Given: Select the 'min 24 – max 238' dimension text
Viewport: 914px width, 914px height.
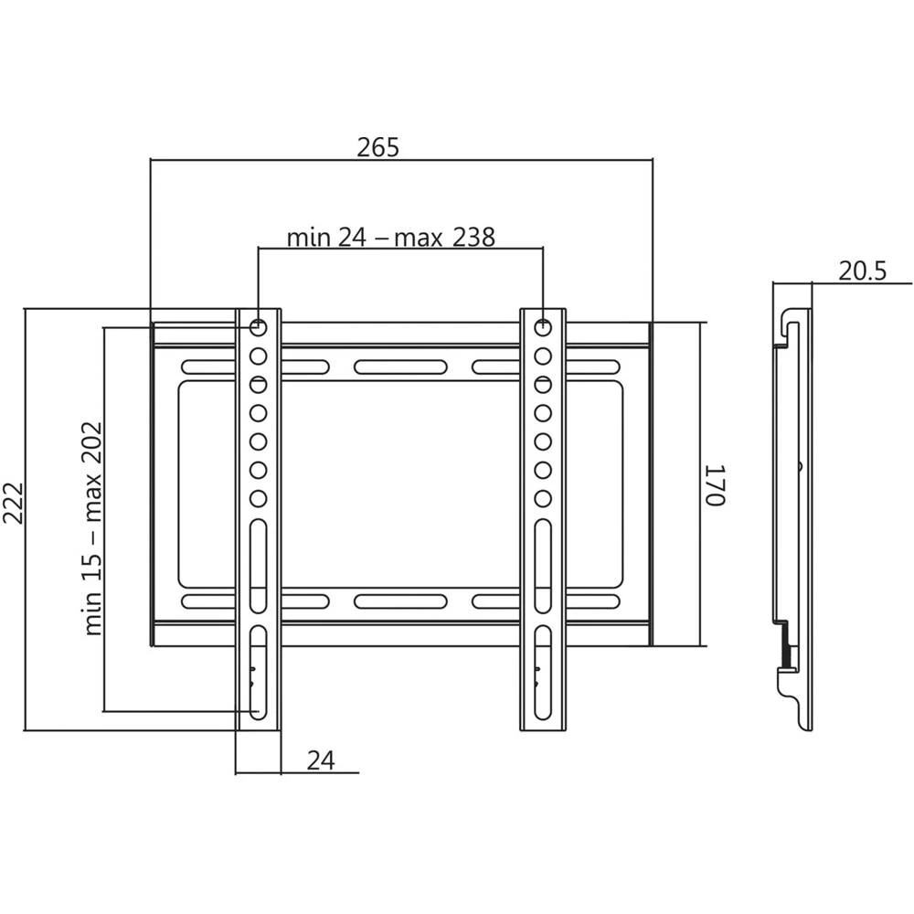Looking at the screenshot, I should (x=391, y=238).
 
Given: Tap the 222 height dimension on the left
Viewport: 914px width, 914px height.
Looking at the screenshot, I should (x=14, y=517).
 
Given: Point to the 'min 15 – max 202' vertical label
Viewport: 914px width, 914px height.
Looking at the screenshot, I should (x=92, y=528).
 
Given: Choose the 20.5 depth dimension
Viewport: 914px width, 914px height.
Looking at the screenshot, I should (x=861, y=271).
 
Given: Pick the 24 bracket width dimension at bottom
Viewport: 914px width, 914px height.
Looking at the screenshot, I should (x=320, y=760).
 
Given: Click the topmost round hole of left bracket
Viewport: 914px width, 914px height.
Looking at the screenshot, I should (x=258, y=325).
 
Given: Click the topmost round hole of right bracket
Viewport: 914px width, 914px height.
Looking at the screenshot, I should (x=543, y=325).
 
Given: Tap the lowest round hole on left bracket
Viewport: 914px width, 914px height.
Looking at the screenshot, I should (x=258, y=499).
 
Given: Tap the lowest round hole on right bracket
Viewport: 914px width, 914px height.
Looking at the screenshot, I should (x=543, y=499).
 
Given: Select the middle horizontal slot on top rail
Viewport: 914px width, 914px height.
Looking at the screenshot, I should (x=400, y=367).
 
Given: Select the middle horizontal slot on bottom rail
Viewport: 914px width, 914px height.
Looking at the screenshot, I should (x=400, y=601).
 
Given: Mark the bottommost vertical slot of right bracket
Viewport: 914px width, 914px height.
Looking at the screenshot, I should (x=543, y=672).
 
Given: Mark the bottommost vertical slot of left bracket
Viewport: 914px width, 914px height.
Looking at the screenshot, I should (x=258, y=672).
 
